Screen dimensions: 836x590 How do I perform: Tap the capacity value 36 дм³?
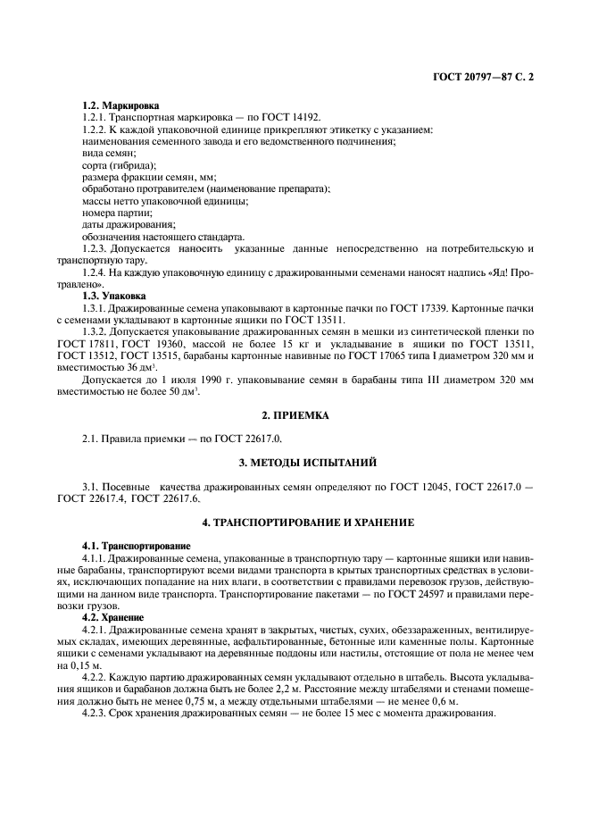[x=131, y=367]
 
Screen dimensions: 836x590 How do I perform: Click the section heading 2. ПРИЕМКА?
[x=295, y=415]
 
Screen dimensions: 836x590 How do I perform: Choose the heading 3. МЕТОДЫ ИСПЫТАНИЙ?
[x=295, y=463]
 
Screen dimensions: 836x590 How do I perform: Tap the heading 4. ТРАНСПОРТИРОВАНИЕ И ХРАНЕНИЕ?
[x=295, y=522]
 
